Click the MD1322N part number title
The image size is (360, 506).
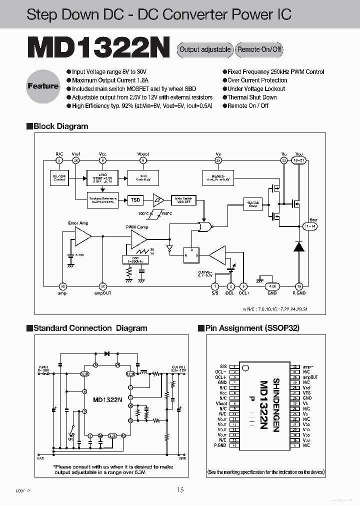tap(98, 49)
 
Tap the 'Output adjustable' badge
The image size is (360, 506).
tap(205, 49)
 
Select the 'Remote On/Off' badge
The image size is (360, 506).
tap(259, 49)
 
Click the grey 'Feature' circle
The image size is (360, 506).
tap(43, 86)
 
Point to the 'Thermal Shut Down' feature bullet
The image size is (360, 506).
tap(252, 97)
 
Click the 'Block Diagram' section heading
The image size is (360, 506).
tap(60, 126)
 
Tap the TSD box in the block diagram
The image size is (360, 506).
tap(135, 200)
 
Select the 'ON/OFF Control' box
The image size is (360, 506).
tap(59, 177)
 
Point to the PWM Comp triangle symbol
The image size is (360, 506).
tap(138, 240)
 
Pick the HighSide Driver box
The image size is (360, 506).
tap(252, 203)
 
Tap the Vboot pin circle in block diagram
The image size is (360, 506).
tap(143, 160)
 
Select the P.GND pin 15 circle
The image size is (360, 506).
tap(299, 286)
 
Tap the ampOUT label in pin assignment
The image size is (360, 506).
tap(311, 377)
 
